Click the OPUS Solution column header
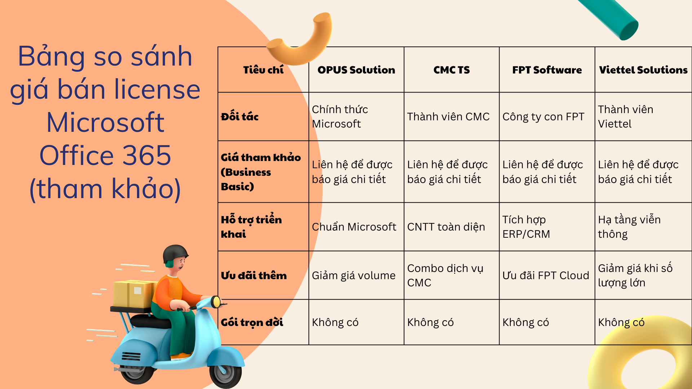click(356, 70)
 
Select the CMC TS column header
click(452, 70)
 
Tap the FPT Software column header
click(547, 70)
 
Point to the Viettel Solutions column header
click(643, 70)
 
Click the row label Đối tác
click(240, 116)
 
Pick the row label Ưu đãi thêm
click(254, 276)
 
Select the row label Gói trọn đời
click(252, 322)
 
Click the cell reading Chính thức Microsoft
click(340, 116)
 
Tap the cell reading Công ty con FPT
click(543, 117)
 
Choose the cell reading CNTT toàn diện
click(446, 227)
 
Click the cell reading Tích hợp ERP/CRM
click(526, 227)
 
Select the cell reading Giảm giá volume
click(354, 276)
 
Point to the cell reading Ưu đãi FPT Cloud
click(546, 276)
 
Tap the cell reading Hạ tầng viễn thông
click(629, 227)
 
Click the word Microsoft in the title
click(105, 122)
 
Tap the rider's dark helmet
click(175, 254)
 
